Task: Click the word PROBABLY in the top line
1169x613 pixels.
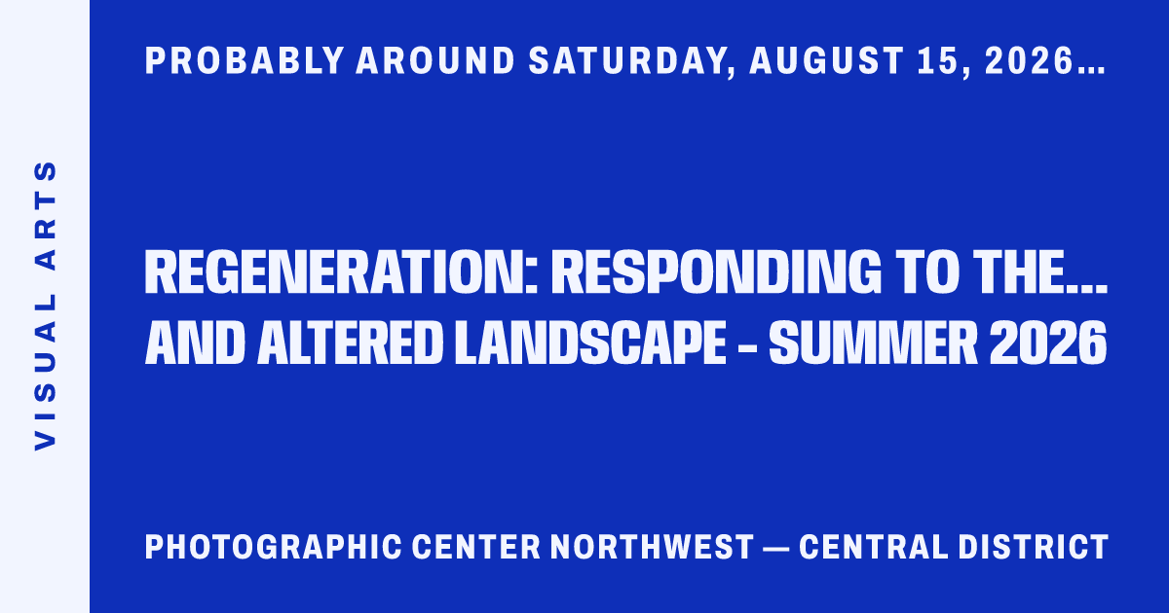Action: click(245, 61)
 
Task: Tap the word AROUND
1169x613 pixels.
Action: click(435, 61)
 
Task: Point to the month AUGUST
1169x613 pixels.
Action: click(827, 61)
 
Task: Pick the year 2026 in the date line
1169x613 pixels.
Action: click(1028, 61)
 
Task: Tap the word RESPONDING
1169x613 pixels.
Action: click(716, 272)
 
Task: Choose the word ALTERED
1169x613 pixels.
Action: click(350, 343)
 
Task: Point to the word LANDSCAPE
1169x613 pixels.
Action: click(590, 343)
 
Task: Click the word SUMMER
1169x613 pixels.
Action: click(873, 343)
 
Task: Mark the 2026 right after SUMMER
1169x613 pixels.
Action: click(1048, 343)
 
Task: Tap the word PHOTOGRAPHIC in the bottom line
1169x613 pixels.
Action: click(274, 547)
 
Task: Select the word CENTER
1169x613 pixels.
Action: click(476, 547)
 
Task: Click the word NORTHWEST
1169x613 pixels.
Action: click(653, 547)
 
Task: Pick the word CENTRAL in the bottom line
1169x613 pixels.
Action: click(873, 547)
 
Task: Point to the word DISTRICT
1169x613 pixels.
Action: click(1034, 547)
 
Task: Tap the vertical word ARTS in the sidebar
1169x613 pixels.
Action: click(45, 216)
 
